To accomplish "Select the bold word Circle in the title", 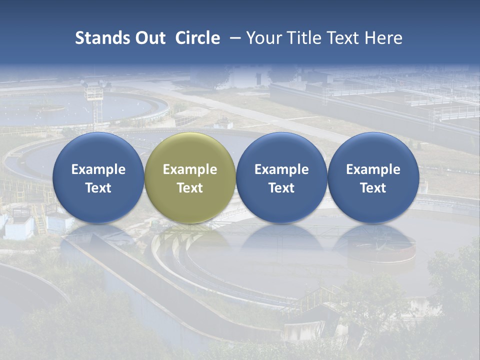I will point(197,38).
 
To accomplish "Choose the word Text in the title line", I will point(341,38).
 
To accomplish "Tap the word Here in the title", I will point(383,38).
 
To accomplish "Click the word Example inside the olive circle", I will point(190,169).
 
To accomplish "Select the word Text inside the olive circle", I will point(190,188).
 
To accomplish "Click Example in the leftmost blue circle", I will point(98,169).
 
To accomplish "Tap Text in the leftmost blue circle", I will point(98,188).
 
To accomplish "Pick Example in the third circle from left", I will point(281,169).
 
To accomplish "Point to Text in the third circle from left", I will point(281,188).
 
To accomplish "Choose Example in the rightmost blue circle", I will point(373,169).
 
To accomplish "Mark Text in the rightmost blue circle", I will point(373,188).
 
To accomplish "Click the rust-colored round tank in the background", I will point(382,250).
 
